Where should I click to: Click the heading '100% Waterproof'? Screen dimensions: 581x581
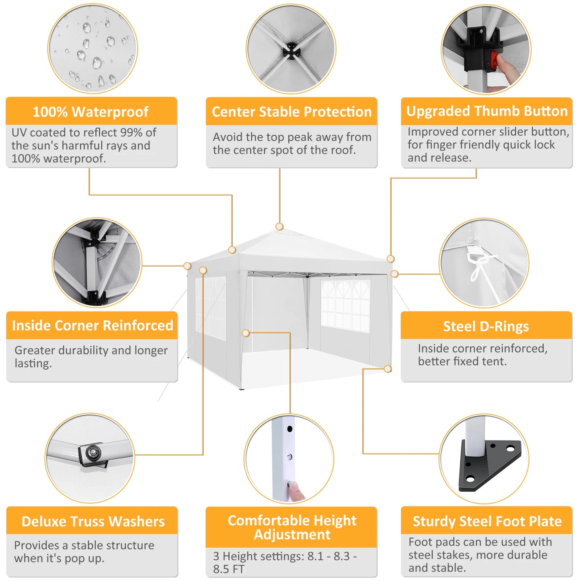pyautogui.click(x=90, y=112)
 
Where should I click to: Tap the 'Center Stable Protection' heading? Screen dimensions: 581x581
pyautogui.click(x=292, y=112)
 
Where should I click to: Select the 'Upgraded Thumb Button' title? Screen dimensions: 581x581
pyautogui.click(x=487, y=111)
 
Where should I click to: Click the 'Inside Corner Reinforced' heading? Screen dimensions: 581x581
pyautogui.click(x=92, y=325)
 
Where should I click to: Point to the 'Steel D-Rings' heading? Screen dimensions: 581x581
pyautogui.click(x=486, y=326)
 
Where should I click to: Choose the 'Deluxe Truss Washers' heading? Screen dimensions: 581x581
pyautogui.click(x=93, y=521)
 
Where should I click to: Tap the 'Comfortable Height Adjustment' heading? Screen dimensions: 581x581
pyautogui.click(x=292, y=527)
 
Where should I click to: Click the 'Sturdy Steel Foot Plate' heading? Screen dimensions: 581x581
pyautogui.click(x=487, y=521)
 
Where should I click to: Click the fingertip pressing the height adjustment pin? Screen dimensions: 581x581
pyautogui.click(x=296, y=491)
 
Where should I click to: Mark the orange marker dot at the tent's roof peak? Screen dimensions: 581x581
pyautogui.click(x=279, y=227)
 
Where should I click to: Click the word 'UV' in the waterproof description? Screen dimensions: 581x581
pyautogui.click(x=19, y=132)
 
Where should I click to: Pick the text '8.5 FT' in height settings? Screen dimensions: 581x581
pyautogui.click(x=228, y=569)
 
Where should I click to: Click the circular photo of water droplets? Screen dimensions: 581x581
pyautogui.click(x=92, y=49)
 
